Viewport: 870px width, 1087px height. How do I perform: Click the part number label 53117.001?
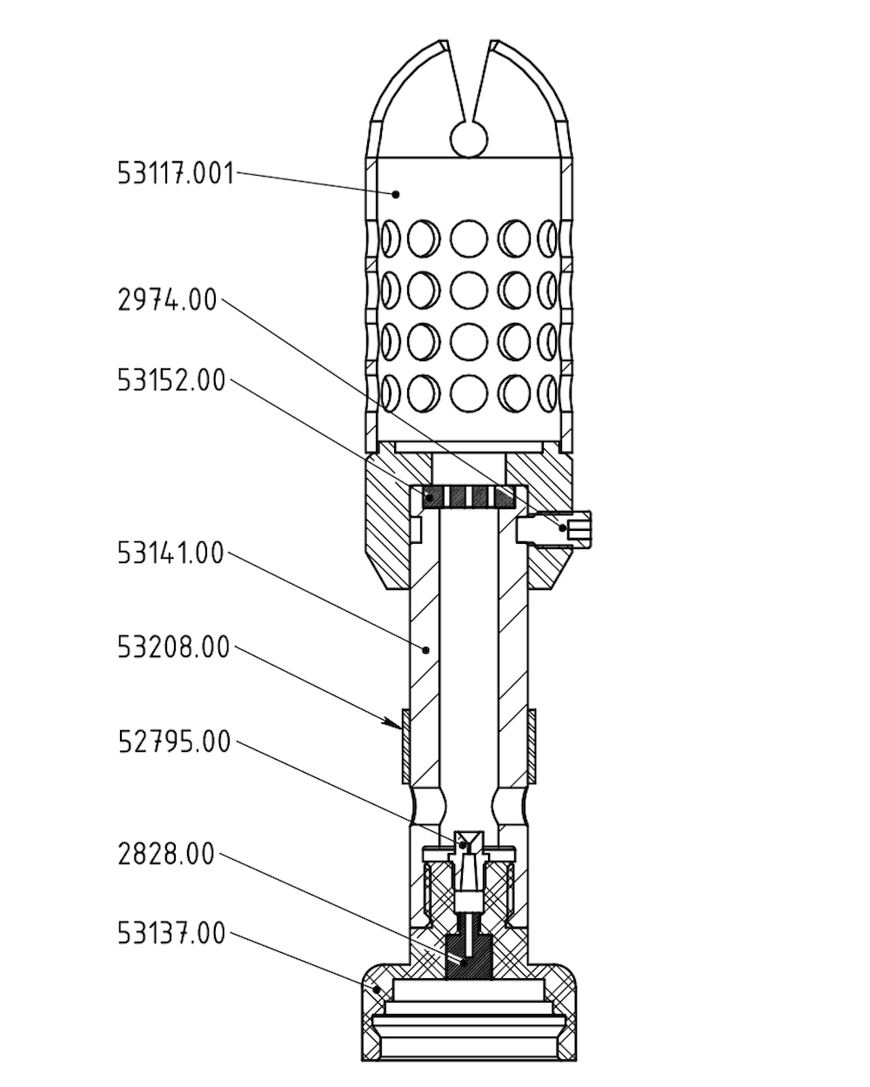tap(176, 173)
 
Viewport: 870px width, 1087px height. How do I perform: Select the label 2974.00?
tap(166, 301)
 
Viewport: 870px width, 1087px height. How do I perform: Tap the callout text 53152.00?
tap(171, 380)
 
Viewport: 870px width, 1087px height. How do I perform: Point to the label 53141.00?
tap(171, 553)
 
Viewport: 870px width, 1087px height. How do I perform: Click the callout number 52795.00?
tap(174, 741)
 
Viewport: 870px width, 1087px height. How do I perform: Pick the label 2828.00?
tap(165, 855)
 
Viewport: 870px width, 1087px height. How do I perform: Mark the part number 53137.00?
tap(171, 934)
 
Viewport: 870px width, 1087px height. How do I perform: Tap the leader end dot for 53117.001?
tap(396, 193)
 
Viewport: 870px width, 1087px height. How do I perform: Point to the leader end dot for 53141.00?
tap(425, 649)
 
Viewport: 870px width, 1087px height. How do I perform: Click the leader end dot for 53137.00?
tap(377, 989)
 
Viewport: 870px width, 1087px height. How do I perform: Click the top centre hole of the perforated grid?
tap(470, 237)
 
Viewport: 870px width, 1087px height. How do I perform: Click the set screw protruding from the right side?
tap(578, 528)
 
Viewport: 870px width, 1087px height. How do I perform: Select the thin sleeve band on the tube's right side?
tap(532, 744)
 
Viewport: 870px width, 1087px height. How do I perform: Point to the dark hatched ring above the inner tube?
tap(470, 498)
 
